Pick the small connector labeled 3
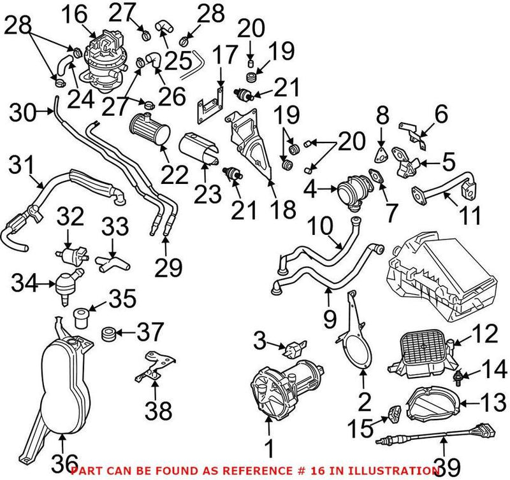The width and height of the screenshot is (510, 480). click(x=294, y=349)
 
